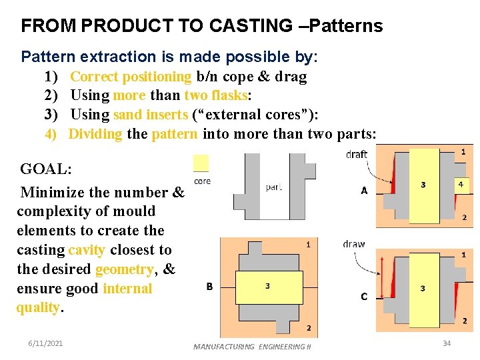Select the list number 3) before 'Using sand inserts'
coord(52,115)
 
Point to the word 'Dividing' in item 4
coord(95,134)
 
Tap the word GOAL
coord(46,169)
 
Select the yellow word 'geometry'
coord(125,269)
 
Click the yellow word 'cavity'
coord(87,250)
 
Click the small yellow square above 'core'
coord(201,163)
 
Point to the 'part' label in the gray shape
coord(275,187)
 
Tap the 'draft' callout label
coord(357,155)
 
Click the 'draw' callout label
coord(354,244)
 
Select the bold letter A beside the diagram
coord(364,191)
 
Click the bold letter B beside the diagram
coord(209,287)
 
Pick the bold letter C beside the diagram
coord(364,296)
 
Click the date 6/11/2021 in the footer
coord(46,343)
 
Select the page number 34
coord(447,343)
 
